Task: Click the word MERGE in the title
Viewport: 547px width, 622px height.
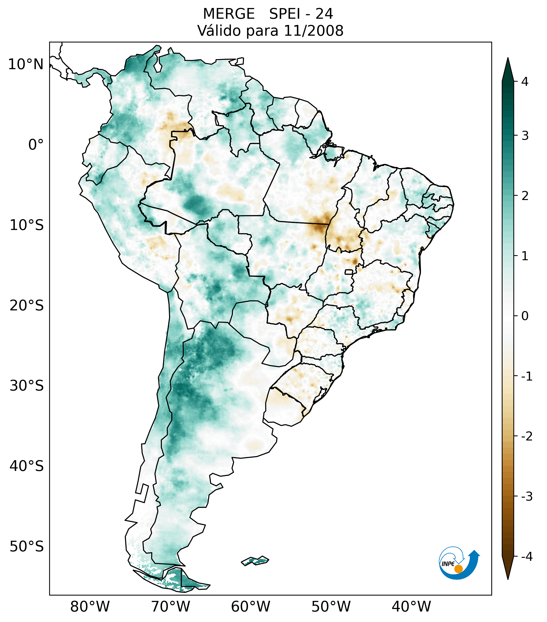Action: (x=228, y=14)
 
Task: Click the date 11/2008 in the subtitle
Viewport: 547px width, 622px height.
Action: (x=313, y=31)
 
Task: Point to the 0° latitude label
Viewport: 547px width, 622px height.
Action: (x=36, y=145)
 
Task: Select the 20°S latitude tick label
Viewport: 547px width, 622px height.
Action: (x=26, y=306)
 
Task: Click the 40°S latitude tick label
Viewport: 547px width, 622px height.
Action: (x=26, y=466)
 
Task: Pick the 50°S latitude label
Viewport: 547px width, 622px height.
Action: (x=26, y=547)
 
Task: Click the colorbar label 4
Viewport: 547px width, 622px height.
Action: (x=525, y=82)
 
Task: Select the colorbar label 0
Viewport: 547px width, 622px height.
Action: (x=525, y=316)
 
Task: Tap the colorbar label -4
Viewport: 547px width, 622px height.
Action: (x=527, y=557)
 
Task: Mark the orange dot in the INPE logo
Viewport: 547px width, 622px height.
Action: (x=458, y=569)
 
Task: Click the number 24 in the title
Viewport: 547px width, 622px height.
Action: (x=324, y=14)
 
